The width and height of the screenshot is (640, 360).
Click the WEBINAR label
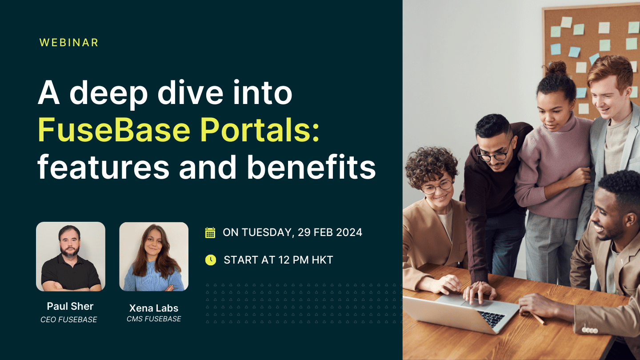coord(69,43)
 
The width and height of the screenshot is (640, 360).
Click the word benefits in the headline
coord(312,168)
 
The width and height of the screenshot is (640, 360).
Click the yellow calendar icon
coord(210,232)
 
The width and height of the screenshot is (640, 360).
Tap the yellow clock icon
coord(210,260)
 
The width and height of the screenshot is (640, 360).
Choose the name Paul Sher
coord(70,306)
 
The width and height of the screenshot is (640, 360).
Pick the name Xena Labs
coord(154,308)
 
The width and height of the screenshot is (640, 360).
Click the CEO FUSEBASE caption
coord(69,320)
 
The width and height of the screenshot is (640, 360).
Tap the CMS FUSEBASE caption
coord(154,319)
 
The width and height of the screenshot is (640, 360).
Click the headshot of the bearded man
coord(71,256)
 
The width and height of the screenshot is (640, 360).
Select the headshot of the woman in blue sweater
coord(154,256)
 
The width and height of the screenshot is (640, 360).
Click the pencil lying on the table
coord(538,318)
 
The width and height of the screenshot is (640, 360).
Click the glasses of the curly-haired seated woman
coord(437,187)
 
